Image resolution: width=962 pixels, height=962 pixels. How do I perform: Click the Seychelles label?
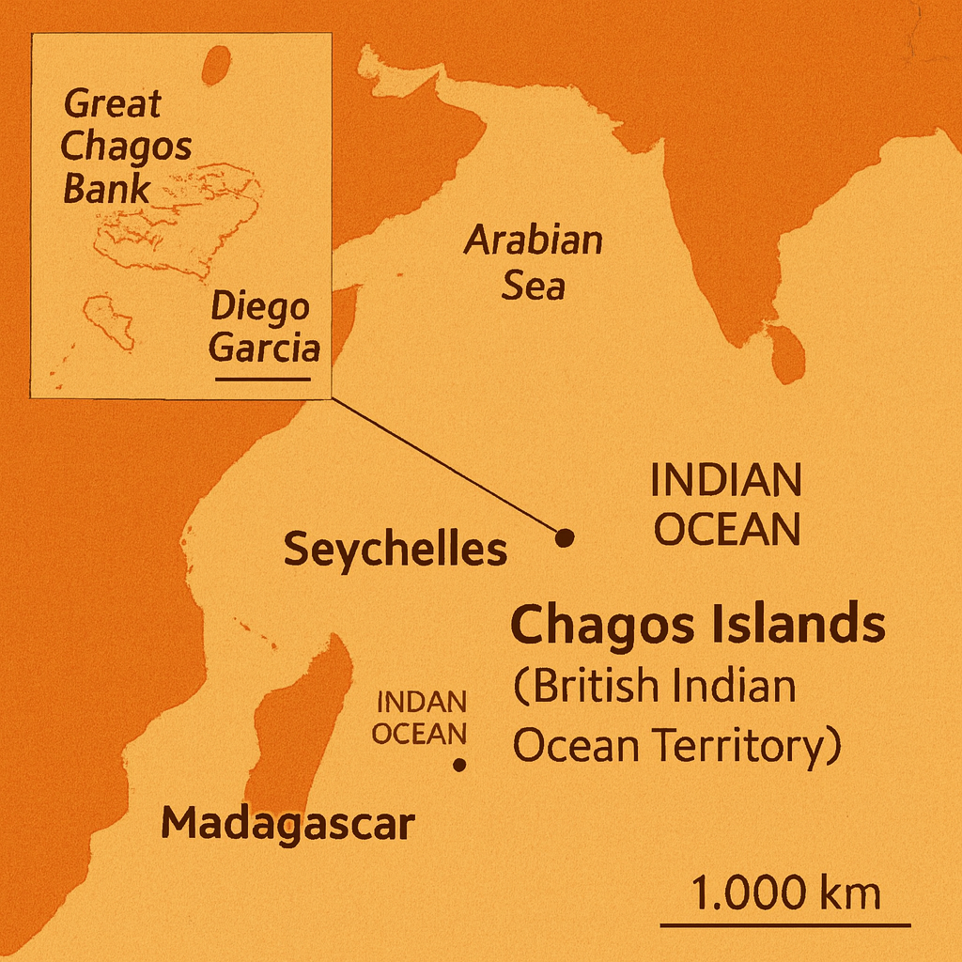395,550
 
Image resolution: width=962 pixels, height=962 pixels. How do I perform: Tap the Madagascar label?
287,824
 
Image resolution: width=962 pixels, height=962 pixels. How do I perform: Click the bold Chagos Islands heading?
697,626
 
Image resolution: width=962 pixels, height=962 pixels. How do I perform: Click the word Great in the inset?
113,103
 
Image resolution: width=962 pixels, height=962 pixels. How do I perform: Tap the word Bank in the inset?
106,188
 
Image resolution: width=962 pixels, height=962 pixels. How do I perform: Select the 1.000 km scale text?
785,892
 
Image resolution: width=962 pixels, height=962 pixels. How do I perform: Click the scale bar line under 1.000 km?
785,924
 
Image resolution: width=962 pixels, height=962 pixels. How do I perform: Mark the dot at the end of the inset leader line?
565,537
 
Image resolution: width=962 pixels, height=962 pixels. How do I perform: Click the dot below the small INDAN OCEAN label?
459,765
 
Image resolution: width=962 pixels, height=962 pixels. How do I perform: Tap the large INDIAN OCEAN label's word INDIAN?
726,482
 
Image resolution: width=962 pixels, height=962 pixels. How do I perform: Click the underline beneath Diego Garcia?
262,380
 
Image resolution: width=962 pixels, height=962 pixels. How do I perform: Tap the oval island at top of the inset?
217,66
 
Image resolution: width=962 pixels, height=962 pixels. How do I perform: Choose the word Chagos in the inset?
127,147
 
